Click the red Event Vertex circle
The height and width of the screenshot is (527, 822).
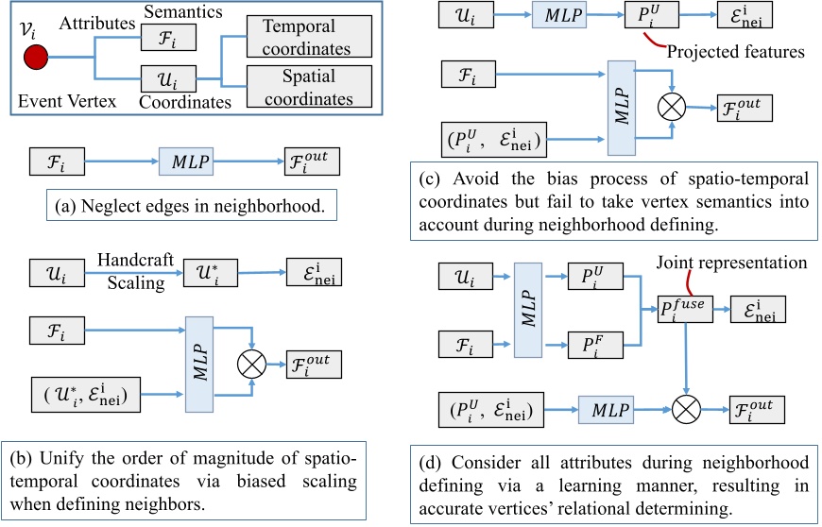[x=36, y=57]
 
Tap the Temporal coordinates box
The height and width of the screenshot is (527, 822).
[x=309, y=36]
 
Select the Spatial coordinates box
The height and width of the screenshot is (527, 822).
[x=309, y=87]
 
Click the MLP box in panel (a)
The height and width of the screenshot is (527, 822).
[x=186, y=161]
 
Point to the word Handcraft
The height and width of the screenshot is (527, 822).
[x=135, y=260]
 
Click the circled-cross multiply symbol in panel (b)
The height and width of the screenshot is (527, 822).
[x=251, y=364]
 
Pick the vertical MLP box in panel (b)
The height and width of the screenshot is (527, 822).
[x=199, y=364]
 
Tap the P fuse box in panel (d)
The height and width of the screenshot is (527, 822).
[x=685, y=309]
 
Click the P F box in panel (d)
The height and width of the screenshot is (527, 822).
[x=595, y=345]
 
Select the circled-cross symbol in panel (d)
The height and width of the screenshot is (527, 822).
[x=686, y=409]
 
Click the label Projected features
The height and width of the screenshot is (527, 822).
[x=735, y=51]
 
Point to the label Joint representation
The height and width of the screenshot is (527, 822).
[x=732, y=262]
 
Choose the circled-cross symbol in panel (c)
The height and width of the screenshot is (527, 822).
[x=672, y=107]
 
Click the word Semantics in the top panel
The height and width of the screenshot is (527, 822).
[x=183, y=11]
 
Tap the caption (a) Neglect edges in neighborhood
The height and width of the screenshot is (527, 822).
[x=192, y=205]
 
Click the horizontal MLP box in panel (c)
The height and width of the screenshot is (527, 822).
[x=559, y=15]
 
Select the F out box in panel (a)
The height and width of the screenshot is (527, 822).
[x=312, y=161]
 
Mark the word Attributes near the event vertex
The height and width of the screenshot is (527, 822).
[x=97, y=23]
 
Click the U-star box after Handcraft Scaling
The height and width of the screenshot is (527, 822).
[x=210, y=272]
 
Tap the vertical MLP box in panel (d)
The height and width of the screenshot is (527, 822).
[x=528, y=310]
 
